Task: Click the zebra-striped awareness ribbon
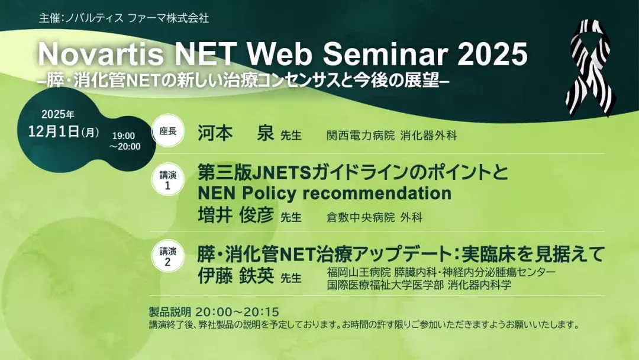click(x=590, y=67)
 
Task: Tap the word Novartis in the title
click(x=101, y=54)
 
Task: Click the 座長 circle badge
click(x=167, y=131)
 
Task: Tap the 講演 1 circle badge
click(x=167, y=180)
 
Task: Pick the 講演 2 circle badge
click(x=167, y=256)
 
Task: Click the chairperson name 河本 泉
click(x=235, y=133)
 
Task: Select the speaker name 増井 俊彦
click(x=235, y=216)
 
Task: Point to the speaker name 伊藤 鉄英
click(x=235, y=276)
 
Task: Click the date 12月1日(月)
click(x=63, y=131)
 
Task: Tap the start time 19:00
click(x=124, y=136)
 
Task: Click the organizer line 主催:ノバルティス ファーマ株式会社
click(x=124, y=18)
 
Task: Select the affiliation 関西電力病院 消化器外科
click(x=392, y=136)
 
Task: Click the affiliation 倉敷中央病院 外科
click(x=374, y=217)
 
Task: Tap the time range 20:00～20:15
click(x=237, y=312)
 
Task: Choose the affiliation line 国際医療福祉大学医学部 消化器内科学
click(x=419, y=285)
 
